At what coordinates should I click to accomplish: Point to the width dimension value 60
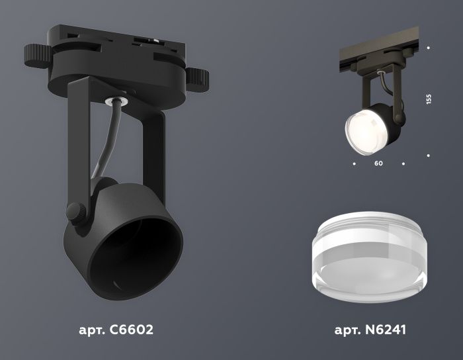point(378,163)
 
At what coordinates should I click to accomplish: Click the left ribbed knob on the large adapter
point(36,53)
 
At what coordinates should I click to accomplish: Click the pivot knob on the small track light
point(399,119)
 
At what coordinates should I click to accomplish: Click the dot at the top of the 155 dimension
point(429,48)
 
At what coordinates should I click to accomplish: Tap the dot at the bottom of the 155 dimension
point(429,156)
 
